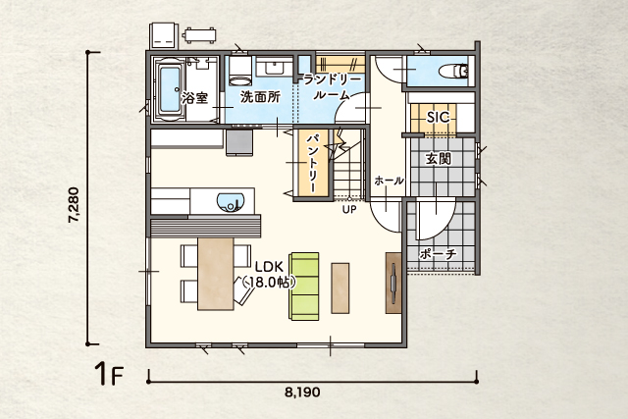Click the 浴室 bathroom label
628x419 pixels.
pos(195,97)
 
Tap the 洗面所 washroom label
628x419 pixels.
pos(261,96)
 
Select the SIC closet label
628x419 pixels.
pos(438,118)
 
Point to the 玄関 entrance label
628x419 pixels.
pos(439,159)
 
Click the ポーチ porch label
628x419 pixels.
pos(439,253)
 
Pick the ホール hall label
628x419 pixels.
pos(389,181)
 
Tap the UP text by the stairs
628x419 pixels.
pos(349,209)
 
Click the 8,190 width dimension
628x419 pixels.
pos(302,392)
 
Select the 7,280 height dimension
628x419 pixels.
pos(74,204)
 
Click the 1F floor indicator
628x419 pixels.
pos(108,373)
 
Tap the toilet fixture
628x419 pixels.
pos(453,72)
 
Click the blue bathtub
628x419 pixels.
pos(170,90)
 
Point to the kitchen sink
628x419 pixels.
pos(231,203)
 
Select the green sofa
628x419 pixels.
pos(304,287)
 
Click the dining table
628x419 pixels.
pos(216,274)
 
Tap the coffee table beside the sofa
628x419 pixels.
pos(340,288)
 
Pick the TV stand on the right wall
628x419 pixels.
pos(393,283)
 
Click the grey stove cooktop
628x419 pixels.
pos(239,142)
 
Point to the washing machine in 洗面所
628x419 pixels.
pos(240,71)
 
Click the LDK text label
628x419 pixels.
pos(270,267)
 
